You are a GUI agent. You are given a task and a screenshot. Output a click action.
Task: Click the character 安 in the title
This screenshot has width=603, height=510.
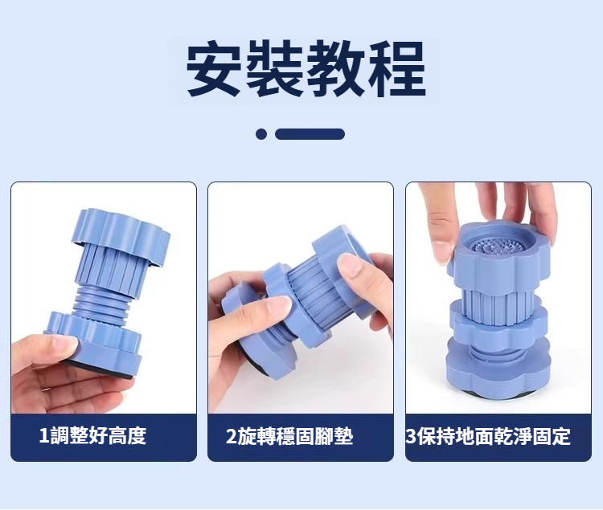[214, 69]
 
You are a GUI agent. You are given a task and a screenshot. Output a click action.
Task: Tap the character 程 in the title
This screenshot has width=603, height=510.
[397, 69]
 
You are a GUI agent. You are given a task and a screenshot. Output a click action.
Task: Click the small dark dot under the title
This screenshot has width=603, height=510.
[261, 134]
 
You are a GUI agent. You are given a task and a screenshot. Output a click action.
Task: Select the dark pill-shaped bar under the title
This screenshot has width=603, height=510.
[310, 134]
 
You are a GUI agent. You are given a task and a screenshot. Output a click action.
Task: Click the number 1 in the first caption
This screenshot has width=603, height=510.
[44, 435]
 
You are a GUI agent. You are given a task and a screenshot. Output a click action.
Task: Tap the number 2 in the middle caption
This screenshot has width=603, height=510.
[231, 436]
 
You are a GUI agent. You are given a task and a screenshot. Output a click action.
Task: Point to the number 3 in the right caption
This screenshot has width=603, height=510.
[411, 436]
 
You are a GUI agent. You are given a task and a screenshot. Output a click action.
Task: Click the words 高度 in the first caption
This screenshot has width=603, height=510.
[127, 435]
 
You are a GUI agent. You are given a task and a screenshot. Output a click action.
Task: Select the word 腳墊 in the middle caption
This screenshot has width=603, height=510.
[334, 436]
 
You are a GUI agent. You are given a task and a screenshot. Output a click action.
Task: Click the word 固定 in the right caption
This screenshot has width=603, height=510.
[552, 436]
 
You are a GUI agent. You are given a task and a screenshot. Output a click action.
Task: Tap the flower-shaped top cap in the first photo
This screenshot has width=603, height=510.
[121, 236]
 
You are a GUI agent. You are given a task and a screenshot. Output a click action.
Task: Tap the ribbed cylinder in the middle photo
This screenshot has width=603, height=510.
[310, 291]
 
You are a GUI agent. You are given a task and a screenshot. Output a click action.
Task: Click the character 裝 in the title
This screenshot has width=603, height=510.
[275, 69]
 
